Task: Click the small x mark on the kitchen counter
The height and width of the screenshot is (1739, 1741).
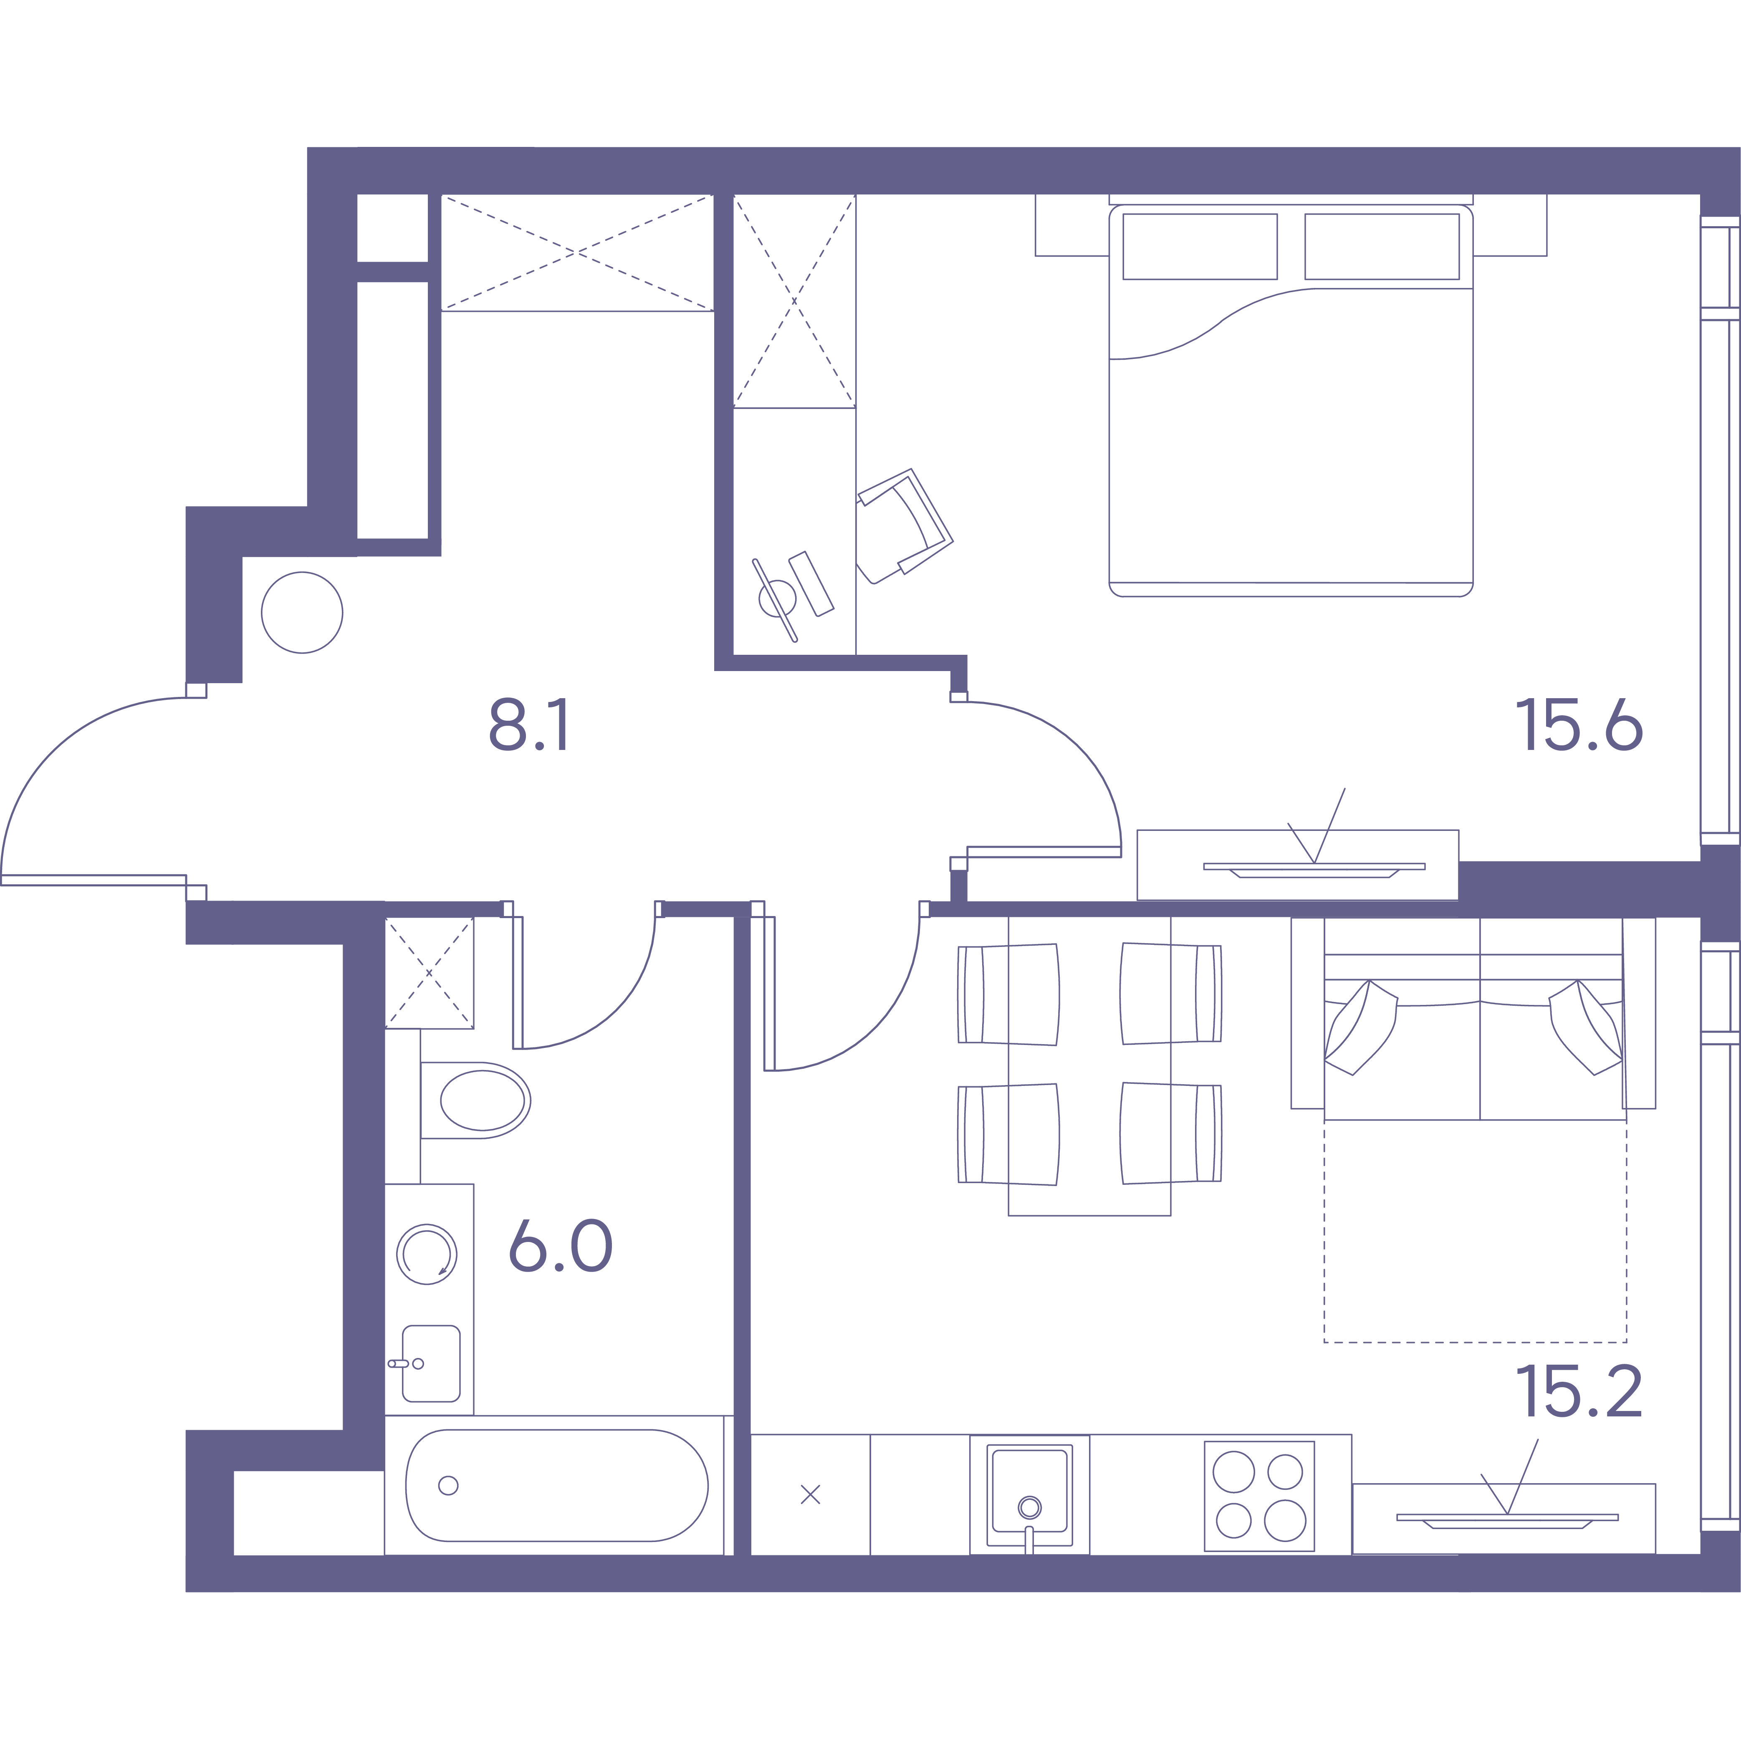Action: (x=810, y=1495)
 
